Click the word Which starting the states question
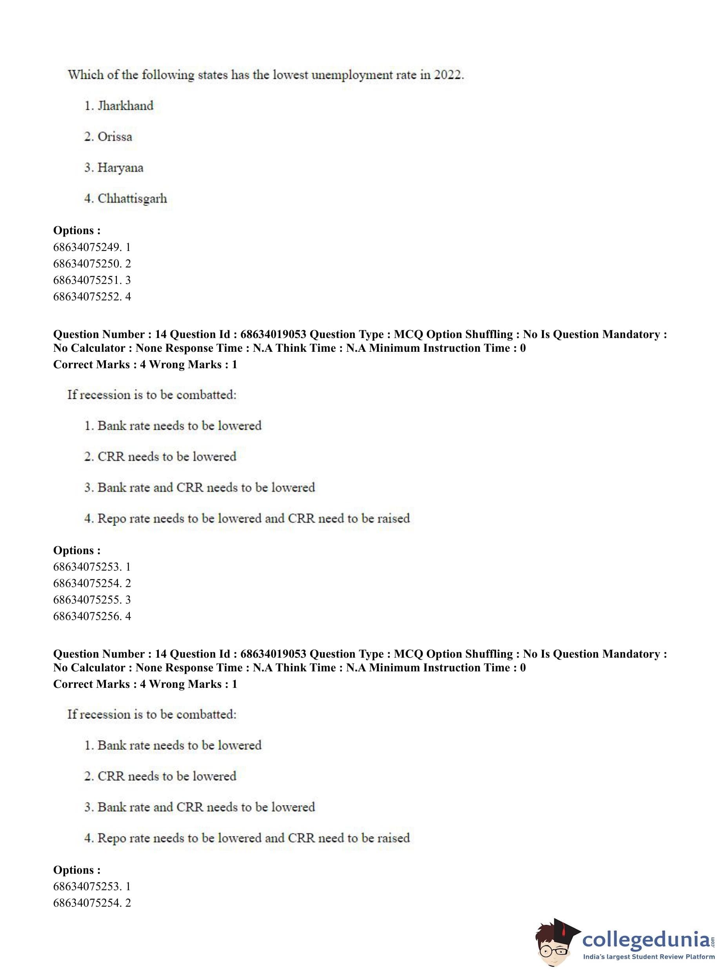(x=85, y=75)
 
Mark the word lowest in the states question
(x=290, y=75)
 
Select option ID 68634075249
(x=87, y=247)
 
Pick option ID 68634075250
(x=87, y=264)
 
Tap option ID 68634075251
(x=87, y=280)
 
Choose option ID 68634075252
(x=87, y=297)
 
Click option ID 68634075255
(x=87, y=600)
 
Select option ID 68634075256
(x=87, y=616)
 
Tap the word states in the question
(x=213, y=75)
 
